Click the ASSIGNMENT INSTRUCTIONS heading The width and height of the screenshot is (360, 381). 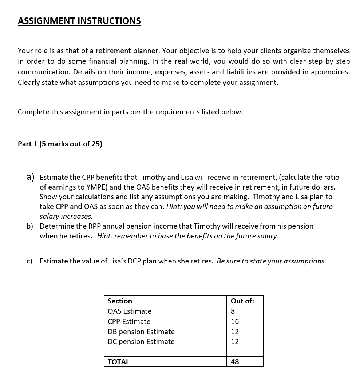(79, 21)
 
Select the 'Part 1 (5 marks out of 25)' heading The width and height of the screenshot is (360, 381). (60, 144)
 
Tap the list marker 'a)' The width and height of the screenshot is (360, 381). (31, 177)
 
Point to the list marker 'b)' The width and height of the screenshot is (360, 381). (30, 226)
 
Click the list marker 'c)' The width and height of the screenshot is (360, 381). (29, 261)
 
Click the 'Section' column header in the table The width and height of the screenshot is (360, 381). (120, 301)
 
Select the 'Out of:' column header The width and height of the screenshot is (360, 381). (242, 301)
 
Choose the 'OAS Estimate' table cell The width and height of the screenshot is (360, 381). (129, 311)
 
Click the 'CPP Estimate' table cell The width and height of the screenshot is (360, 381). (129, 321)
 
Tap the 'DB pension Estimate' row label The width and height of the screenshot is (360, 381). (141, 332)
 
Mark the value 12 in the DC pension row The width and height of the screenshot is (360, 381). (235, 341)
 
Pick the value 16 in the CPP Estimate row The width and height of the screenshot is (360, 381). (235, 321)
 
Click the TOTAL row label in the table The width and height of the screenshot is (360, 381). (118, 362)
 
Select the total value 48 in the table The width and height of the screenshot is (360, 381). (235, 362)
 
